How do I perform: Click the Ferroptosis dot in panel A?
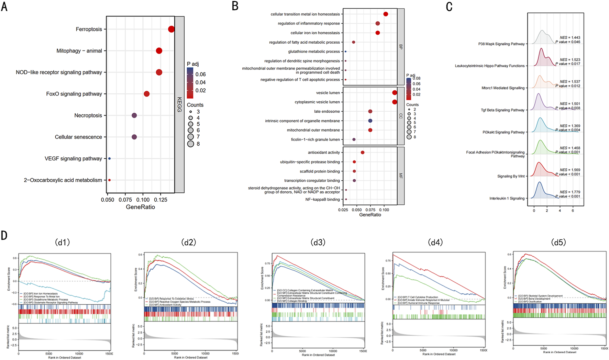[x=171, y=29]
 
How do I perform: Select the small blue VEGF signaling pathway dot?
[x=109, y=159]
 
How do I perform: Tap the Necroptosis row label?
[x=88, y=115]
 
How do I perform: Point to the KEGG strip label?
[x=179, y=104]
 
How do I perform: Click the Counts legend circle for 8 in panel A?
[x=191, y=144]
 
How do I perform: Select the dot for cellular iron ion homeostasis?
[x=378, y=33]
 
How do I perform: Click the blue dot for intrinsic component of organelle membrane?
[x=370, y=121]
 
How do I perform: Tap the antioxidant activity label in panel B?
[x=324, y=153]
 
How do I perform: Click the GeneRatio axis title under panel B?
[x=370, y=215]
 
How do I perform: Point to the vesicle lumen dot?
[x=395, y=93]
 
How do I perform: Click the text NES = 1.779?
[x=570, y=192]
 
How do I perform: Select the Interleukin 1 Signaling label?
[x=507, y=199]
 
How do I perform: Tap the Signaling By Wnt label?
[x=511, y=176]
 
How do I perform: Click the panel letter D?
[x=4, y=235]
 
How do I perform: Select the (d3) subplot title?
[x=318, y=243]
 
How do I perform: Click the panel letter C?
[x=449, y=7]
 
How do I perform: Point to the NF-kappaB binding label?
[x=322, y=200]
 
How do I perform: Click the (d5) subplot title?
[x=558, y=243]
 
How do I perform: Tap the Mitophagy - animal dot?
[x=159, y=51]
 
